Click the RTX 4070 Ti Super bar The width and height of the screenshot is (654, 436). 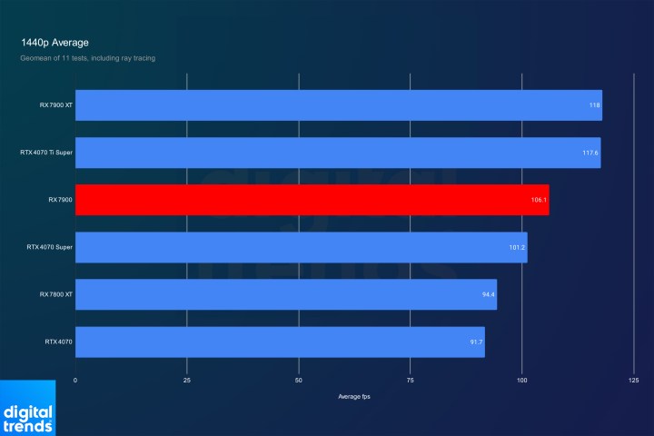pos(337,153)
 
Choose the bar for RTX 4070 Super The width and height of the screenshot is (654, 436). pos(301,247)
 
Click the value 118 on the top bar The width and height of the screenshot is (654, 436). pos(594,105)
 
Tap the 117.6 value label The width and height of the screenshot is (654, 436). pos(590,153)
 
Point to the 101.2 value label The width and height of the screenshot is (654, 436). pos(518,247)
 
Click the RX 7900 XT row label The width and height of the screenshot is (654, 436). pos(55,105)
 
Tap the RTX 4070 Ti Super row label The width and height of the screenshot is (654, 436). pos(46,153)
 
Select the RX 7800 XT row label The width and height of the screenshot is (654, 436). pos(55,294)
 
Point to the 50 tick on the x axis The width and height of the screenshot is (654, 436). pos(299,380)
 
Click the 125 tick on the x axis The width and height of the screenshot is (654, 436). pos(634,380)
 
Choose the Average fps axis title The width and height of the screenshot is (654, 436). pos(354,397)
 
